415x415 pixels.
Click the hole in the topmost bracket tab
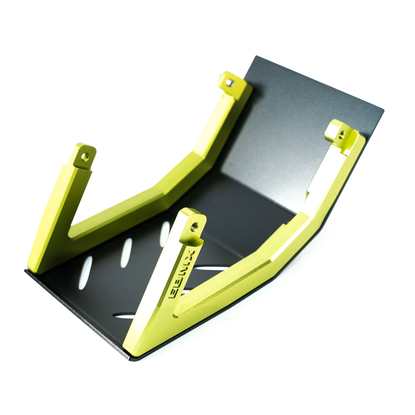point(229,82)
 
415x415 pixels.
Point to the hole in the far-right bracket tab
point(341,134)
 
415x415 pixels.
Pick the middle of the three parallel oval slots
point(126,253)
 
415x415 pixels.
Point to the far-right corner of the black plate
point(383,109)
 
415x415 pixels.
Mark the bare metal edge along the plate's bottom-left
point(78,316)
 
